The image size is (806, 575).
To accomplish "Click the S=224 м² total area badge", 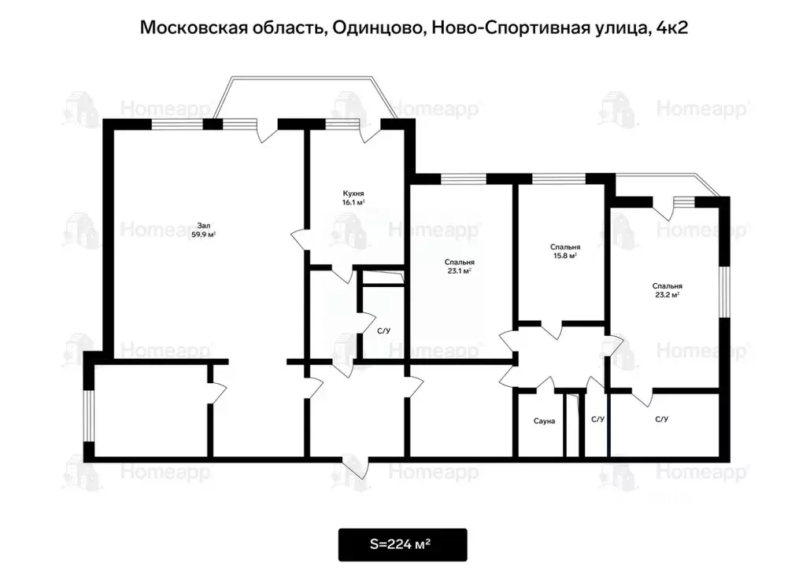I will point(402,544).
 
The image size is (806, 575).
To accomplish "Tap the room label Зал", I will point(203,224).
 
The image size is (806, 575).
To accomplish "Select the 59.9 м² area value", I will point(203,234).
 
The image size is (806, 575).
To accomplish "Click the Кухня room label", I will point(353,193).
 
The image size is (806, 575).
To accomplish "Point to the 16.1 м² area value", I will point(353,203).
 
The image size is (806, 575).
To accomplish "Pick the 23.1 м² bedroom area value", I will point(459,271).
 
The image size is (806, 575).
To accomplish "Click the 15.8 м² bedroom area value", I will point(564,255).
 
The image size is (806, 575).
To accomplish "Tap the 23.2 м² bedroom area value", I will point(667,295).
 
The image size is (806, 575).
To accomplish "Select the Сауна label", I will point(544,421).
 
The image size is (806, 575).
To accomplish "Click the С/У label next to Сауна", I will point(598,419).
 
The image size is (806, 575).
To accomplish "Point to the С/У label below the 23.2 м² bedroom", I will point(662,419).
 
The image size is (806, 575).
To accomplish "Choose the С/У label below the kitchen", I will point(383,331).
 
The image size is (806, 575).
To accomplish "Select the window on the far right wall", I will point(725,292).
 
